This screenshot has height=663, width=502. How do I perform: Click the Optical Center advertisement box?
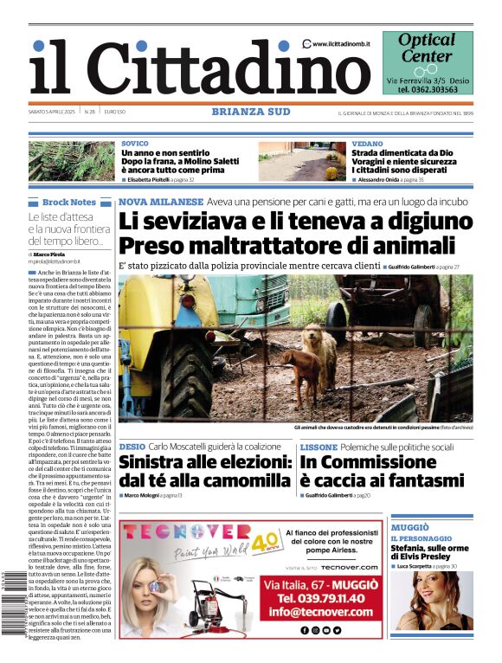(x=428, y=62)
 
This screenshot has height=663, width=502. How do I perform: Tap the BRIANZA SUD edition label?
(x=251, y=111)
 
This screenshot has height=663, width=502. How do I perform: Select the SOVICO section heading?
(x=134, y=143)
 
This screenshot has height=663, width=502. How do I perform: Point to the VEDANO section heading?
(x=368, y=143)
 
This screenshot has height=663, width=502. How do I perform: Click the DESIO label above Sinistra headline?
(x=132, y=447)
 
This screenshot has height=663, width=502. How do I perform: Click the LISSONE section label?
(x=319, y=447)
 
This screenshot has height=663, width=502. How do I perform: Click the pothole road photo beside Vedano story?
(x=300, y=161)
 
